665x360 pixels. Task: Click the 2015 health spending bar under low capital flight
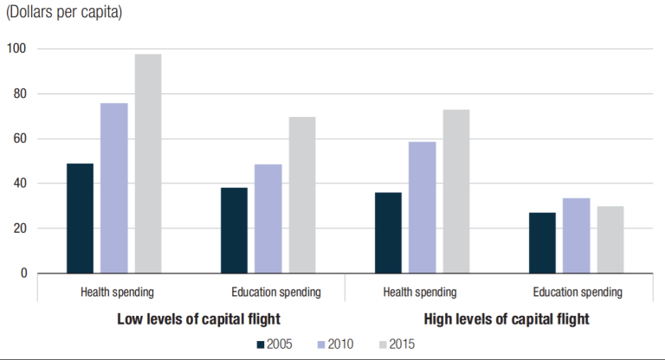click(148, 164)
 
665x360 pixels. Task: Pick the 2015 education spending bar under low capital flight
click(302, 195)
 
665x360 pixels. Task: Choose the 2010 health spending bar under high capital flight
click(423, 208)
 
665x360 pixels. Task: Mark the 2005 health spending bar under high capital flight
click(388, 233)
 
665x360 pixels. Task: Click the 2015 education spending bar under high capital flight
click(610, 240)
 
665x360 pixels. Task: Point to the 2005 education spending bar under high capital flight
click(542, 243)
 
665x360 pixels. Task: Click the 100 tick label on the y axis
click(17, 48)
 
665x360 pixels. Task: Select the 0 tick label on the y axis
click(23, 273)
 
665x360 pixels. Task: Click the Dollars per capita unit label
click(63, 12)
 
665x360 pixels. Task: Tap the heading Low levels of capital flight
click(198, 319)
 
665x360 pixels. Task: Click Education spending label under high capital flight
click(578, 292)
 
